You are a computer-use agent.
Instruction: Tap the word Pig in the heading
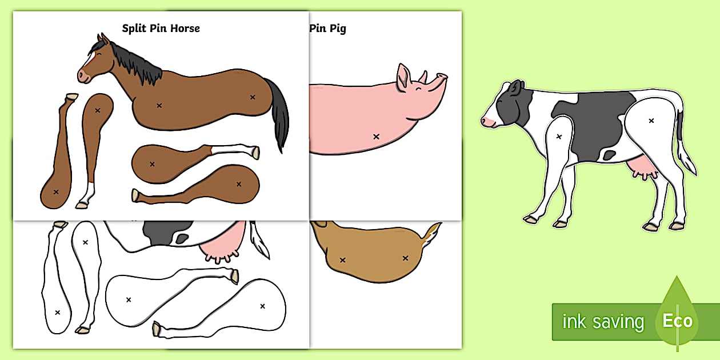[338, 29]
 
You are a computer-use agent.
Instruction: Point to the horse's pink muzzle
[83, 77]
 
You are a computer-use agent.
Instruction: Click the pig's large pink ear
[403, 77]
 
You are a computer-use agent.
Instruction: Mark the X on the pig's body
[376, 137]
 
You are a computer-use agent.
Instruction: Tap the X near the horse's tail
[253, 97]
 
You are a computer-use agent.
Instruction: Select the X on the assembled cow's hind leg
[651, 121]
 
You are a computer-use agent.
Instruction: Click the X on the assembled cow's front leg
[559, 137]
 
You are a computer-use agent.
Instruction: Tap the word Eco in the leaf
[678, 321]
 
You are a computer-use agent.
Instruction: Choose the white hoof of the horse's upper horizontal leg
[255, 153]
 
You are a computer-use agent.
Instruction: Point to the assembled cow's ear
[515, 88]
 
